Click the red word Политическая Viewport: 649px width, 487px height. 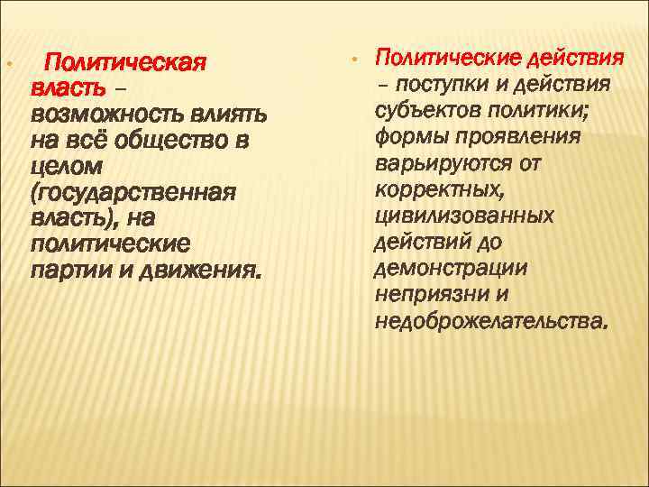click(126, 64)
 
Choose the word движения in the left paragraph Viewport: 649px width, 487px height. click(201, 271)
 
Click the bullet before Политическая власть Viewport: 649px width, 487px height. click(7, 65)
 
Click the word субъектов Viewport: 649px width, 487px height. click(434, 111)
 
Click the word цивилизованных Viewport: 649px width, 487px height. click(463, 216)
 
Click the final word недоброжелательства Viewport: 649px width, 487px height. click(489, 320)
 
